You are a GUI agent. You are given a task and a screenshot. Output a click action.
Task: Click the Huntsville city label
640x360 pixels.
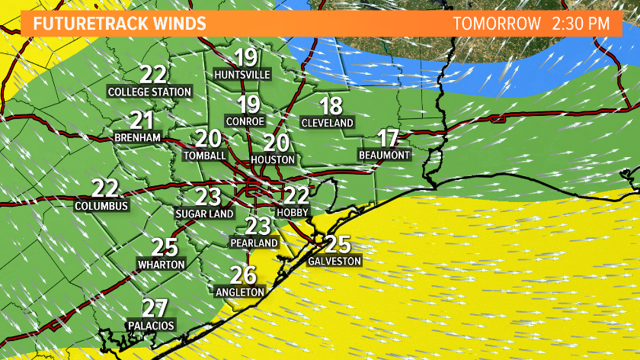click(x=243, y=75)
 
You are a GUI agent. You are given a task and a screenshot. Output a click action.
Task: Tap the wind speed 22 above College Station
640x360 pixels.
click(x=153, y=75)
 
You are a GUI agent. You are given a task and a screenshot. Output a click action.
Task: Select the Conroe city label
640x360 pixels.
click(x=244, y=121)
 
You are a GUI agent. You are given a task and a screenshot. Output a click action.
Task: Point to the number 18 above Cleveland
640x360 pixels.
click(x=331, y=106)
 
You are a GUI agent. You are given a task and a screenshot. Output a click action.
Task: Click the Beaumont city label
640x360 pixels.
click(x=386, y=154)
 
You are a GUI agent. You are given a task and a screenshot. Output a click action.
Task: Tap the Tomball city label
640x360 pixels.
click(x=205, y=155)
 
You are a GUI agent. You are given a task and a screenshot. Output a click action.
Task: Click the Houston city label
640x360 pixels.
click(x=272, y=160)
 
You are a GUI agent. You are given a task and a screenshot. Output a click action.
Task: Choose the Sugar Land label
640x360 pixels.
click(x=204, y=214)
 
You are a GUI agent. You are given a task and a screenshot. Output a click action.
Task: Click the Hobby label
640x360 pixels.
click(x=292, y=213)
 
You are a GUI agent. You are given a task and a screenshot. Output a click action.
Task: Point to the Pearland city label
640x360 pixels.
click(x=254, y=243)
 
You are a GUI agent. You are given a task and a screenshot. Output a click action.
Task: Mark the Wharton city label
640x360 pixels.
click(x=161, y=263)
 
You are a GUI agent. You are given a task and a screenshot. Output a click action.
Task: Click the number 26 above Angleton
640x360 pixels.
click(x=244, y=275)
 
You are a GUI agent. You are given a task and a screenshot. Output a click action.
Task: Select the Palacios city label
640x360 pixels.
click(x=151, y=325)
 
